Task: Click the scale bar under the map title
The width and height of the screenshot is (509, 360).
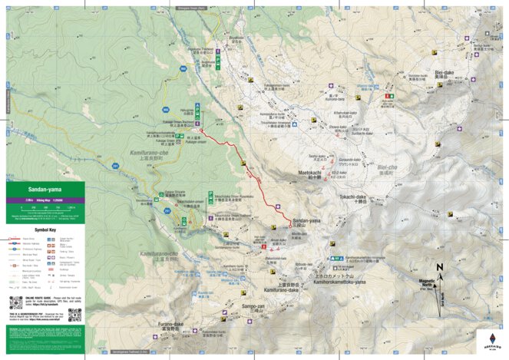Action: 44,207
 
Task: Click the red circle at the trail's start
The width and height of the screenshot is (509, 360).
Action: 201,130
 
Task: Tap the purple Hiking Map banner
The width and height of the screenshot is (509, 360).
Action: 44,198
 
